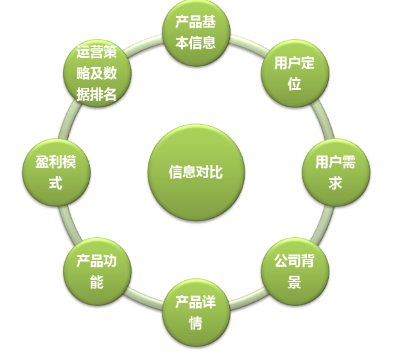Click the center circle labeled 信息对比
196,172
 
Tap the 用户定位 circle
295,74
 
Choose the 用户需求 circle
336,172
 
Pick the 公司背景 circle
295,271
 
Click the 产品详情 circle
196,312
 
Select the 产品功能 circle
97,271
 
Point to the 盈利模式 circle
56,172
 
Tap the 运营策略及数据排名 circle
97,74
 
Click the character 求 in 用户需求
336,183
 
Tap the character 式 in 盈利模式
56,183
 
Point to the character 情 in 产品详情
196,323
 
